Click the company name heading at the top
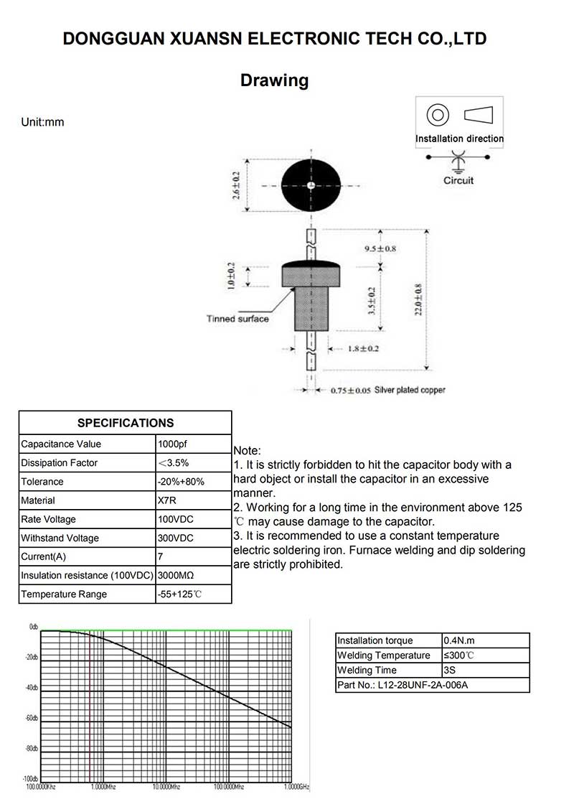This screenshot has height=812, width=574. [x=275, y=39]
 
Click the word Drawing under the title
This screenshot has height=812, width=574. [x=274, y=80]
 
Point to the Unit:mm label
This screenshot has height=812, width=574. [x=42, y=122]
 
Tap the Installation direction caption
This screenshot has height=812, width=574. [x=459, y=139]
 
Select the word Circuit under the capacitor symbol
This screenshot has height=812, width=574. [x=458, y=180]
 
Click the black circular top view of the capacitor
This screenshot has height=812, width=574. [x=311, y=186]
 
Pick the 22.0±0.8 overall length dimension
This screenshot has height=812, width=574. [x=418, y=299]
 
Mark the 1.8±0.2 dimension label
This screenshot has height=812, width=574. [x=364, y=349]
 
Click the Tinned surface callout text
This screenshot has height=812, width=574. [x=237, y=319]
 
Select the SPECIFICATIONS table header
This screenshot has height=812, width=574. [x=126, y=423]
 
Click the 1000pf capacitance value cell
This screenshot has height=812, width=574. [x=172, y=444]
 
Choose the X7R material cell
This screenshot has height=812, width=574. [x=166, y=500]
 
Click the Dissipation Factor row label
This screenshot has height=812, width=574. [x=60, y=463]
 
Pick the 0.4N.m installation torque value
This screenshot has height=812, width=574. [x=460, y=640]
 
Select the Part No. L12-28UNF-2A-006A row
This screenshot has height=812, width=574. [x=403, y=685]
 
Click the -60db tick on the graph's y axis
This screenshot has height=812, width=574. [x=31, y=719]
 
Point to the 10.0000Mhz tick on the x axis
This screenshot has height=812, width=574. [x=165, y=787]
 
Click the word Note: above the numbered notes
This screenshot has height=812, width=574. [x=248, y=450]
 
